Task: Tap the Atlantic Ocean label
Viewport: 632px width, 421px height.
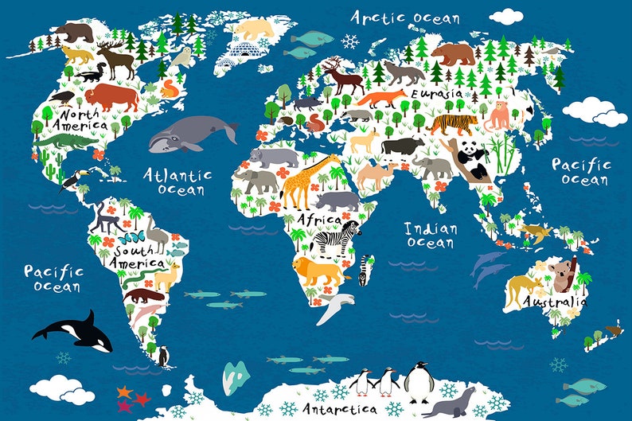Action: tap(177, 181)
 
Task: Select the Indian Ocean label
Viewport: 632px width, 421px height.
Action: tap(430, 235)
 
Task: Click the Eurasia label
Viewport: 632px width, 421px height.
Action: tap(437, 93)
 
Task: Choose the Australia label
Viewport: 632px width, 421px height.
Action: tap(556, 302)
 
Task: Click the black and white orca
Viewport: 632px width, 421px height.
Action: tap(77, 329)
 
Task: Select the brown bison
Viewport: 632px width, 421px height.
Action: tap(111, 97)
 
